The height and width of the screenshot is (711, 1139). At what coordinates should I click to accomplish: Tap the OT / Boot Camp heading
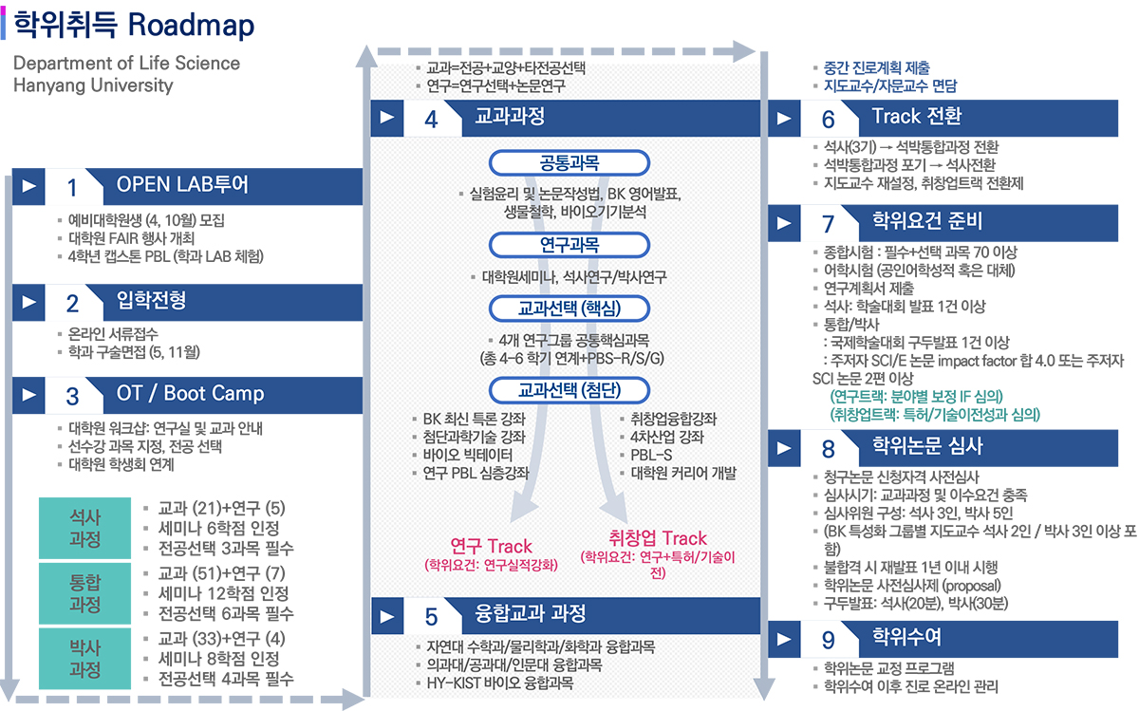coord(190,393)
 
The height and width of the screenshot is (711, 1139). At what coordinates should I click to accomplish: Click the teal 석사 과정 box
coord(85,528)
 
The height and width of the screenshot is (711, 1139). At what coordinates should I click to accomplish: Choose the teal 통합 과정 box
coord(85,592)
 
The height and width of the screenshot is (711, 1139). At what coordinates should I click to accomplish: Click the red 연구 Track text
coord(491,546)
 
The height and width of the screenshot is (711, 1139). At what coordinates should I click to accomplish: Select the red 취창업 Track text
coord(658,538)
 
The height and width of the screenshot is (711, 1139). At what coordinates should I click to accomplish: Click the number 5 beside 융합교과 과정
coord(431,616)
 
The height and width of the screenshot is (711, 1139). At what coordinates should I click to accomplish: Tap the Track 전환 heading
coord(916,116)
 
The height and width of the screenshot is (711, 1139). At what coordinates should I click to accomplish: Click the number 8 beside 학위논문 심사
coord(828,449)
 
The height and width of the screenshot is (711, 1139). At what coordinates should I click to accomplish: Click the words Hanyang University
coord(93,85)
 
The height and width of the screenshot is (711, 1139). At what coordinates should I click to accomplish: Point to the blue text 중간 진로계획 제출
coord(877,68)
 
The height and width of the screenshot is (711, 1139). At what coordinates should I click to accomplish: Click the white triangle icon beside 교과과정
coord(387,118)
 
